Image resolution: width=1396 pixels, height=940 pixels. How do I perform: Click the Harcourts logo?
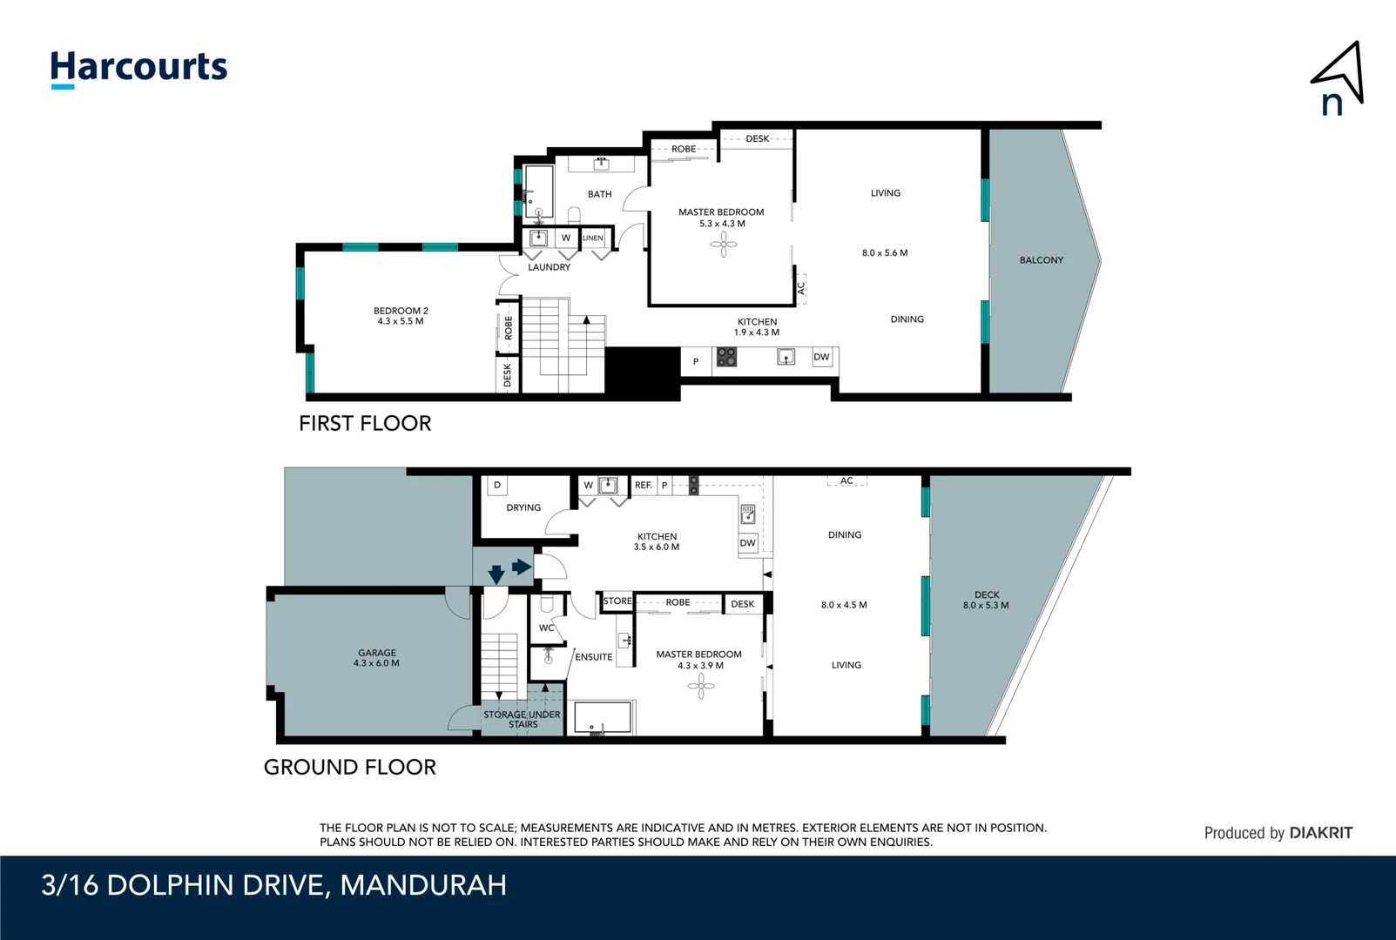pos(138,69)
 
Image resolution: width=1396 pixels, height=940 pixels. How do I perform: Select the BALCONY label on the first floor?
pos(1042,260)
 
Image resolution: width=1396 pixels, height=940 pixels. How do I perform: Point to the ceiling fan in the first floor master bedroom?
pos(724,245)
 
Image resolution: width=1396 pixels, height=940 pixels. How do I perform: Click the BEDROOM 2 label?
pos(401,310)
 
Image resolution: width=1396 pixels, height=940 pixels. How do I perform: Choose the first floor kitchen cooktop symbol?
pos(726,357)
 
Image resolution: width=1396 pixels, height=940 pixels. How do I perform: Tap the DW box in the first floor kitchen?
pos(822,357)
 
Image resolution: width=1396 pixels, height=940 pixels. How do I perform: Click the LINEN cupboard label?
pos(593,238)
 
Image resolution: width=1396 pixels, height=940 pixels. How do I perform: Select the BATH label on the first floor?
pos(599,194)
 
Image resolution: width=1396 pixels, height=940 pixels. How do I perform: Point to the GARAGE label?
pos(377,653)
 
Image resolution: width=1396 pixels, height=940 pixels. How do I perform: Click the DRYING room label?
pos(523,507)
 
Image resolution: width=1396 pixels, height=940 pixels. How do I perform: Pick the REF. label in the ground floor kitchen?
pos(644,485)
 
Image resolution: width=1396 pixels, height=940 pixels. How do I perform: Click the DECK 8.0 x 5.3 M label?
pos(987,600)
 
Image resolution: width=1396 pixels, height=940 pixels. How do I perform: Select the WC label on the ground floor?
pos(547,628)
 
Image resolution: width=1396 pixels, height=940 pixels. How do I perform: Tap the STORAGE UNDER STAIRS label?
pos(523,720)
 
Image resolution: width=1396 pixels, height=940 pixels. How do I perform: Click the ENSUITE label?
pos(593,657)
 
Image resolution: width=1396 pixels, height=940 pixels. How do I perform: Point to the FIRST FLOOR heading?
pos(365,424)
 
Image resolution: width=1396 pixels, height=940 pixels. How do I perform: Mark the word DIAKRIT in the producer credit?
pos(1320,833)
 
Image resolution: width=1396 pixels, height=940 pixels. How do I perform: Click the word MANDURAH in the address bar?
pos(423,885)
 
